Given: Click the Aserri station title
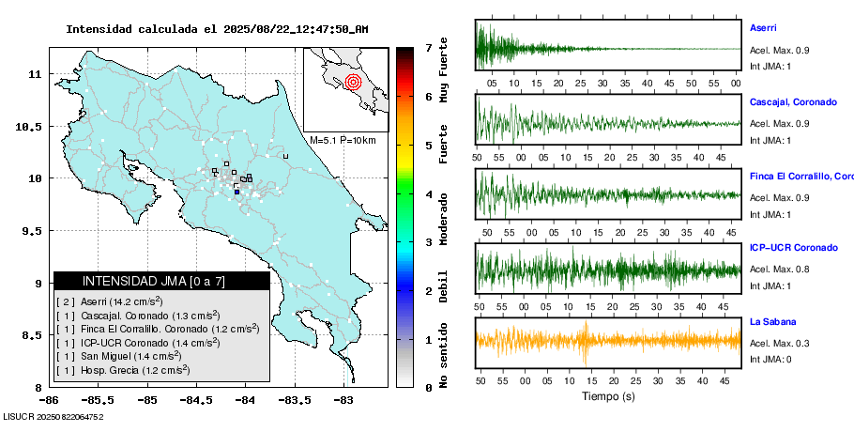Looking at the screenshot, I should (763, 28).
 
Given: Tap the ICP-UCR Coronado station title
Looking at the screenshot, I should (793, 248).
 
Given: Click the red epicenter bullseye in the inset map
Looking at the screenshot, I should (353, 82).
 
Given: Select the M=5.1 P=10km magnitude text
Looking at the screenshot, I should (343, 140).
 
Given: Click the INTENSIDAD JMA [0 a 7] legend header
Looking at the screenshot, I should (161, 281).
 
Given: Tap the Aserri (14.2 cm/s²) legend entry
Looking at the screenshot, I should (121, 301).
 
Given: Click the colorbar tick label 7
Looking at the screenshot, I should (428, 47).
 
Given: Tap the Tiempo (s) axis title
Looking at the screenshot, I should (608, 396).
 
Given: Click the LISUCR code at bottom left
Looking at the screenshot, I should (53, 415).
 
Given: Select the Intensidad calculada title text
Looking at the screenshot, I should (217, 29).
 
